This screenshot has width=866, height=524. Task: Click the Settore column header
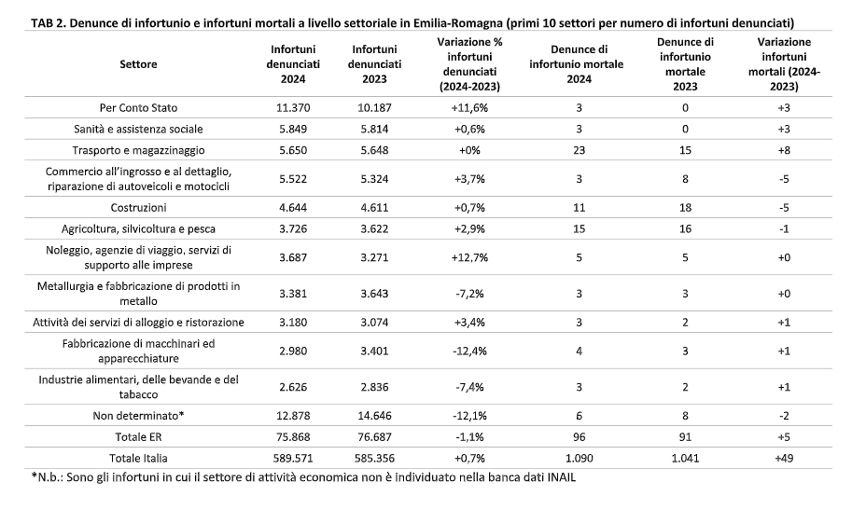tap(138, 64)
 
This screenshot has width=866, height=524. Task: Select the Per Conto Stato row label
tap(138, 107)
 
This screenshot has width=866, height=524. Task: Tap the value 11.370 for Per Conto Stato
tap(293, 107)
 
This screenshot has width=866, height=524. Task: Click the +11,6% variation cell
tap(469, 107)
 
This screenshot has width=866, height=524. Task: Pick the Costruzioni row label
tap(138, 207)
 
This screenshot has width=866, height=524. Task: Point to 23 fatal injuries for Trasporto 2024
tap(579, 150)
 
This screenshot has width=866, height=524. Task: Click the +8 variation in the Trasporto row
tap(784, 150)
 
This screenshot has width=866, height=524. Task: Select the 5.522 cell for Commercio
tap(293, 179)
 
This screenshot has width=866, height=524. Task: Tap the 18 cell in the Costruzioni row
tap(685, 207)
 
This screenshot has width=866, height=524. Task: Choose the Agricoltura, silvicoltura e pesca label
tap(138, 229)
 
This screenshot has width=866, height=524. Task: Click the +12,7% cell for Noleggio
tap(469, 257)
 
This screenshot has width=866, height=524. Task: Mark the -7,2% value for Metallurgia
tap(469, 294)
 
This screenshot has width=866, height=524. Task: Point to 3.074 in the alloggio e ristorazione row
tap(374, 322)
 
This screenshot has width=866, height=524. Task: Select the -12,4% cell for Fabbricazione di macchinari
tap(469, 351)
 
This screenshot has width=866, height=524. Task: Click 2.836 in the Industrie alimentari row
tap(374, 387)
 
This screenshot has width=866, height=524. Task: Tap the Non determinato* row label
tap(138, 415)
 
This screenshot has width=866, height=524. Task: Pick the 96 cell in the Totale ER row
tap(579, 437)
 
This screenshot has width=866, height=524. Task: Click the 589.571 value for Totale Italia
tap(293, 458)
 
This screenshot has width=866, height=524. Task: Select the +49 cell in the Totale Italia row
tap(784, 458)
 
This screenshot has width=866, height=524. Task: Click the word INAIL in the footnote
tap(561, 477)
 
